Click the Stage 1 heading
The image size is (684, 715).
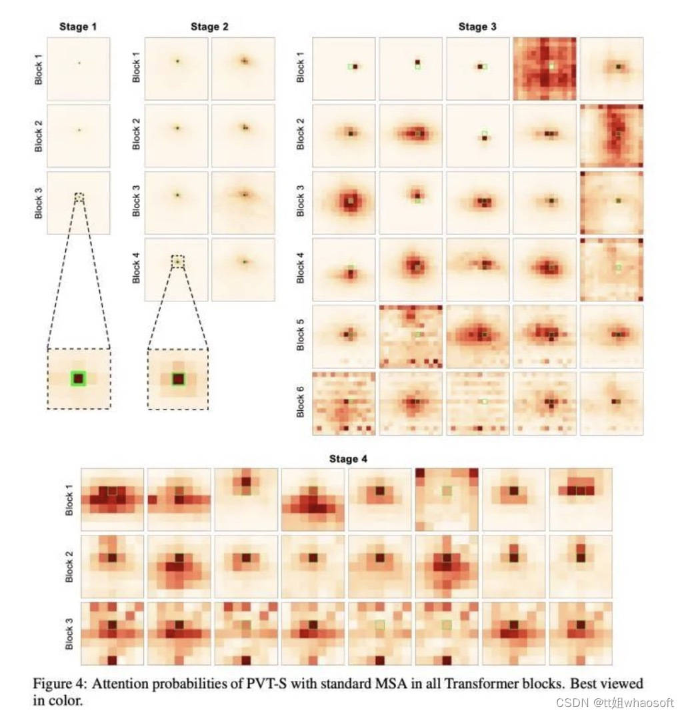pyautogui.click(x=78, y=27)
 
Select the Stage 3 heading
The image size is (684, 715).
pyautogui.click(x=477, y=27)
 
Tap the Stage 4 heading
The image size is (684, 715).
pyautogui.click(x=347, y=459)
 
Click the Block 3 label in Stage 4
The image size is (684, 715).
pyautogui.click(x=70, y=634)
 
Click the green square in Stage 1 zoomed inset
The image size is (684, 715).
pyautogui.click(x=79, y=378)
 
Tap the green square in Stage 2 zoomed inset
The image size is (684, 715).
pyautogui.click(x=177, y=379)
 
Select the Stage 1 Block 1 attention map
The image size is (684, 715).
pyautogui.click(x=79, y=69)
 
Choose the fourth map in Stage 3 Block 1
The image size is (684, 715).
pyautogui.click(x=544, y=69)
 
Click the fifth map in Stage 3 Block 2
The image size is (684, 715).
pyautogui.click(x=611, y=135)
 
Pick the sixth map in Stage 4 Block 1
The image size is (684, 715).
pyautogui.click(x=447, y=499)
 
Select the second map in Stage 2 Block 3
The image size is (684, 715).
pyautogui.click(x=243, y=202)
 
